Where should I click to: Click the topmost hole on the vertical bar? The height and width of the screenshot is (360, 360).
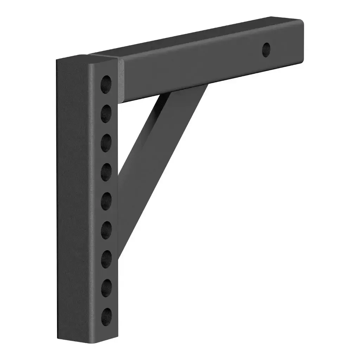tap(106, 84)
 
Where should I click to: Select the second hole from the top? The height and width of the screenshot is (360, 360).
tap(106, 113)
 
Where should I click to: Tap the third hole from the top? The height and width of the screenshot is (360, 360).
tap(106, 143)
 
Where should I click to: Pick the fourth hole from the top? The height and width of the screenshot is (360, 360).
tap(106, 172)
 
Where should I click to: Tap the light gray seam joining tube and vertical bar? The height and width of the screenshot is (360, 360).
tap(121, 81)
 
